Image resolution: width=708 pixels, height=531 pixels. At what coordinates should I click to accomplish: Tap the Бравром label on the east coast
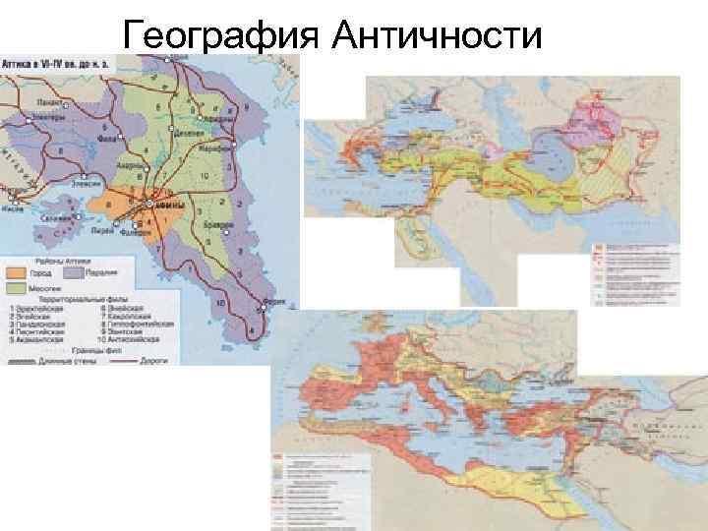coord(218,225)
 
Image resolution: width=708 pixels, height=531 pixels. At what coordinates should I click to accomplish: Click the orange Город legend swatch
coord(16,270)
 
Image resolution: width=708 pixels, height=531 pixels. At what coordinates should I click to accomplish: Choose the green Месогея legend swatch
coord(16,289)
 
